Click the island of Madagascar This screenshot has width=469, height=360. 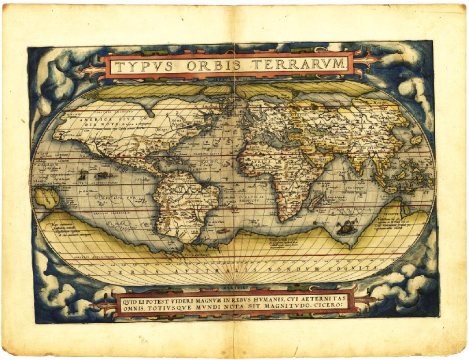[x=315, y=201]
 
